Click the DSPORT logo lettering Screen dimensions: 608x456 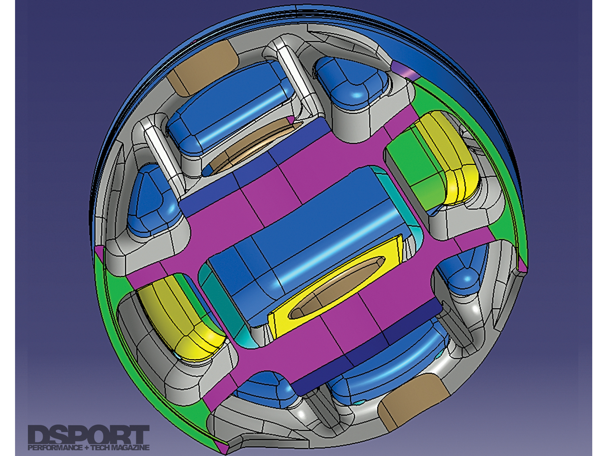pyautogui.click(x=88, y=435)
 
